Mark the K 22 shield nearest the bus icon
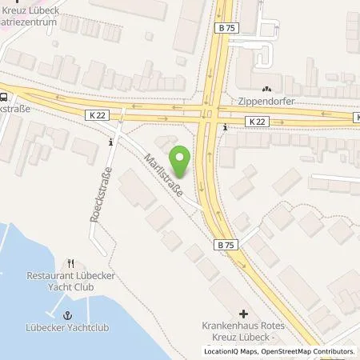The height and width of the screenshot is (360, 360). [98, 115]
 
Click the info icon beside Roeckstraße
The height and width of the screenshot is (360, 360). [110, 142]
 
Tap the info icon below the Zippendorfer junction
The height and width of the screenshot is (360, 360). [226, 127]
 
